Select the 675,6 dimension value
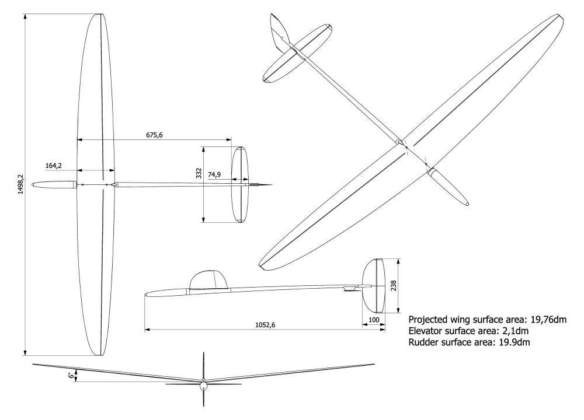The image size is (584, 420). point(154,135)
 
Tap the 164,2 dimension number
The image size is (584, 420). point(54,166)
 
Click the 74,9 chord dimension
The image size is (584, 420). point(214,174)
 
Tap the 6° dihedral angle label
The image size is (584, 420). point(71,376)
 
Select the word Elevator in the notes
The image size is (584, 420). point(426,331)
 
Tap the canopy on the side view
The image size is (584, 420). point(208,281)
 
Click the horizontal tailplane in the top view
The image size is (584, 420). point(241,185)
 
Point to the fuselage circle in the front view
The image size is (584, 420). point(203,385)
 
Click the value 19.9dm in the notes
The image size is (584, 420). point(512,342)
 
